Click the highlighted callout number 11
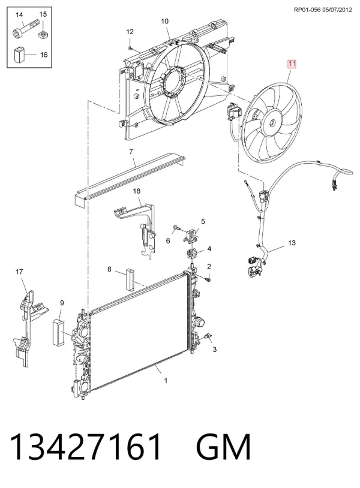click(292, 64)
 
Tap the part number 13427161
click(86, 447)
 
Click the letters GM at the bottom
click(223, 447)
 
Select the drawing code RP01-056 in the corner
click(307, 10)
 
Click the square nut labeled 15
click(43, 34)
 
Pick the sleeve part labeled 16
click(19, 55)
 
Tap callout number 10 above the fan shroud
click(165, 21)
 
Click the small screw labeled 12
click(130, 47)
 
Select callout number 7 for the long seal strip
click(131, 152)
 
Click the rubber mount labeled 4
click(191, 254)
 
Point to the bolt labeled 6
click(176, 229)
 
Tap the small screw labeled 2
click(208, 279)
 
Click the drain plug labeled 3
click(208, 337)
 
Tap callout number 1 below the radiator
click(166, 380)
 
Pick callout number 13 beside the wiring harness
click(292, 243)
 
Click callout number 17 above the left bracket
click(19, 272)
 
